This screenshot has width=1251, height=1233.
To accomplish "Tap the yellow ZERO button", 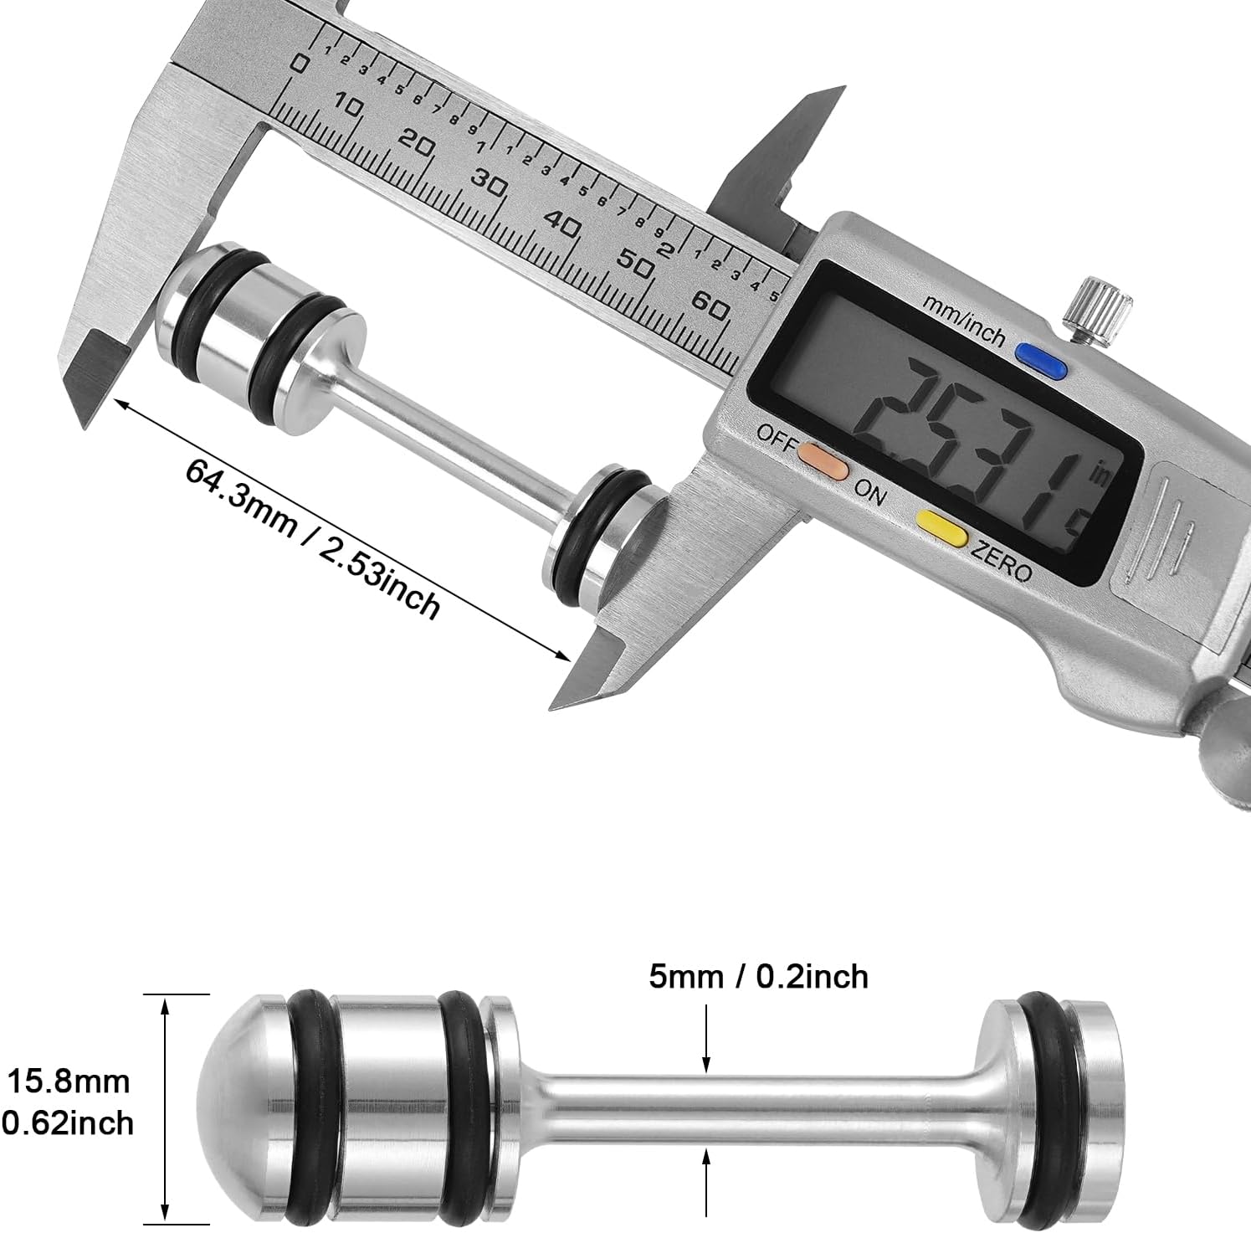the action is tap(942, 525).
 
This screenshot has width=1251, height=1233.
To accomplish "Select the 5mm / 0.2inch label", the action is tap(759, 976).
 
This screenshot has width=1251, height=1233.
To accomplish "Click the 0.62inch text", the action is tap(67, 1123).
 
